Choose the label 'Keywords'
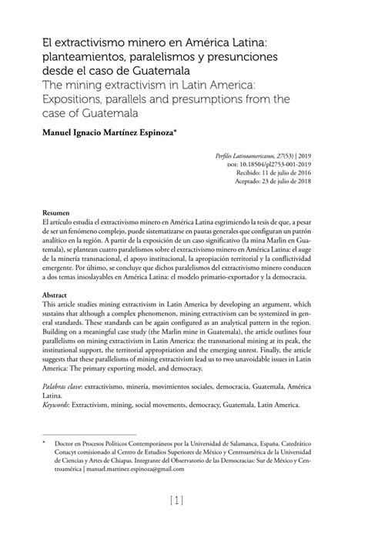coord(59,405)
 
